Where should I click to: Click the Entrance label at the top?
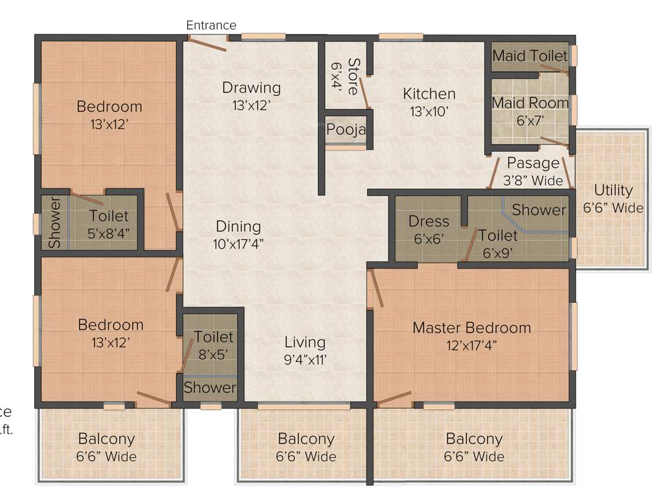211,25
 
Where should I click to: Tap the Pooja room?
346,130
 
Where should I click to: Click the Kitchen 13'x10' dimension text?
429,111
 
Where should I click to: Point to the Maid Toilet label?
530,56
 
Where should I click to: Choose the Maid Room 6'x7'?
530,110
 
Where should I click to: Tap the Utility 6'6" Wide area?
612,198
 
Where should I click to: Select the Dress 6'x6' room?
429,230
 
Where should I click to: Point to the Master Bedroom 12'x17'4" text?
471,336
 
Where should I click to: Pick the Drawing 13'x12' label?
251,95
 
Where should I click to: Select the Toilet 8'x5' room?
214,345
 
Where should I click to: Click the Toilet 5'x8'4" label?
109,224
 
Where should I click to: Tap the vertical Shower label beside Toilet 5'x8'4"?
54,222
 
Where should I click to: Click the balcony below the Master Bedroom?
474,447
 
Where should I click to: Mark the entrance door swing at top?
207,43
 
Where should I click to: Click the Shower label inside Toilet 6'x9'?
539,209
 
